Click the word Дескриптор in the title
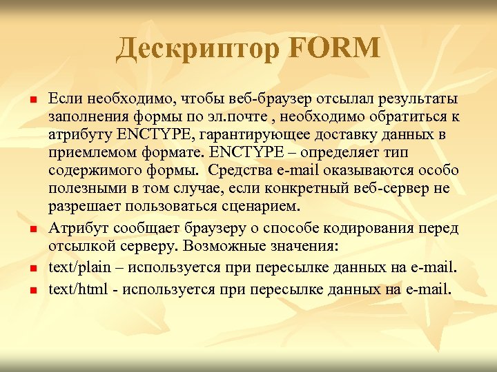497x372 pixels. (193, 49)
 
